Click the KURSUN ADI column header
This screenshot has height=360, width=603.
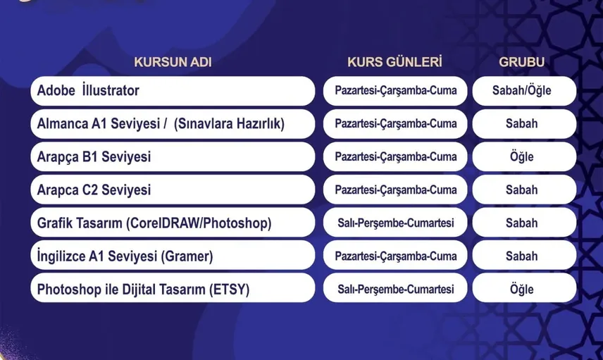click(173, 62)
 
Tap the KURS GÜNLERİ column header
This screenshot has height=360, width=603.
click(394, 62)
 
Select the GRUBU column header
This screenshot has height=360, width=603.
click(521, 62)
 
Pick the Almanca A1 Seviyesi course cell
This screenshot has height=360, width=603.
click(173, 124)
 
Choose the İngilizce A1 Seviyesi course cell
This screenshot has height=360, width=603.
click(173, 256)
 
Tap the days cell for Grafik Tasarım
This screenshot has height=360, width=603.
click(395, 223)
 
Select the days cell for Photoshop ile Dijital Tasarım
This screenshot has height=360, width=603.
click(395, 289)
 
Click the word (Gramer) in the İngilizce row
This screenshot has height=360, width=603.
click(187, 256)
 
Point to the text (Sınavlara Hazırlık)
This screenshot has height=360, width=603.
click(229, 124)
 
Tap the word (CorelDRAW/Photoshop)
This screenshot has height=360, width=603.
click(199, 223)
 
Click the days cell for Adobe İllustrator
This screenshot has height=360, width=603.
click(395, 91)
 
